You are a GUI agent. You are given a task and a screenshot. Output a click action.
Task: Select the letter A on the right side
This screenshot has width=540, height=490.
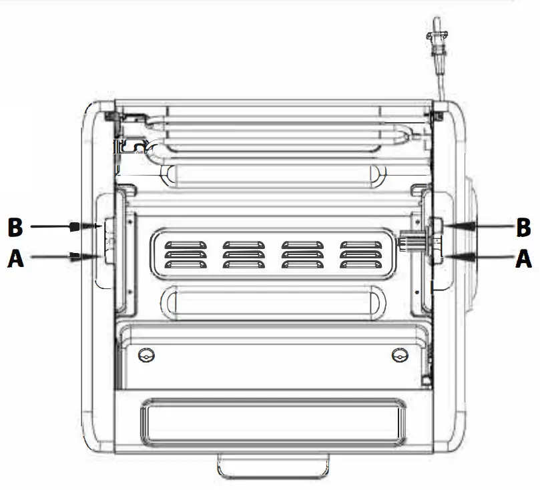[524, 258]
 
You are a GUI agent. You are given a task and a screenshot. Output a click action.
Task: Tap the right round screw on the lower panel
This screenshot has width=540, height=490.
[399, 354]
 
